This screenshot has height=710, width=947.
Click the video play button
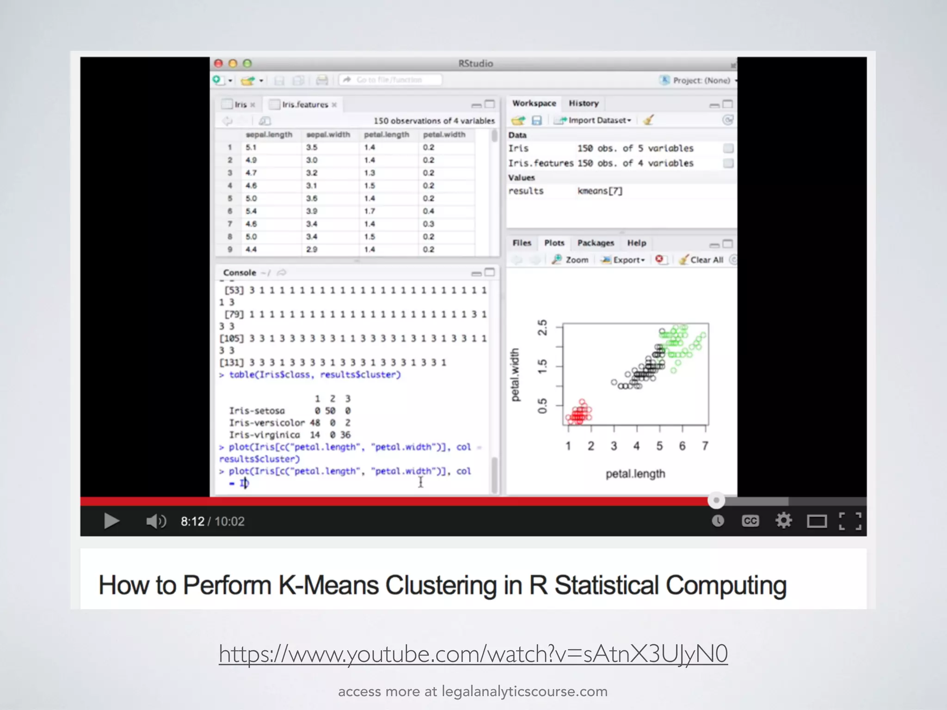(x=111, y=521)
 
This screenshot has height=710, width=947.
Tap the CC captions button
(x=750, y=521)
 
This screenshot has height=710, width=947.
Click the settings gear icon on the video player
(x=783, y=521)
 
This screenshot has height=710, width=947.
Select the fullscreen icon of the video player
(x=850, y=521)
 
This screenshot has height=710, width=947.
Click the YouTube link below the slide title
(x=473, y=654)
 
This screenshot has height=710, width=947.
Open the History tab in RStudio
(x=584, y=104)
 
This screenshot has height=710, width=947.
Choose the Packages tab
(x=596, y=243)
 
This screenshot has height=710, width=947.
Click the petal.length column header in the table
(x=387, y=135)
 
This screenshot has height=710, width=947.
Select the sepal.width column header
(x=328, y=135)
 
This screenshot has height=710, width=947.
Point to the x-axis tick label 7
(x=705, y=446)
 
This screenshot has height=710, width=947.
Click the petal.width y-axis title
(x=515, y=374)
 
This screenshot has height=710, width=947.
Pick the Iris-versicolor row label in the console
(x=267, y=423)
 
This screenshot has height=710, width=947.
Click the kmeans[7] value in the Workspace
(x=600, y=191)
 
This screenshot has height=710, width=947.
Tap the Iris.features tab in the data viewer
(x=305, y=105)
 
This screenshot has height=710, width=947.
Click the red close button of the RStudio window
(x=219, y=63)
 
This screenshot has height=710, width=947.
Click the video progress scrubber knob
(x=716, y=500)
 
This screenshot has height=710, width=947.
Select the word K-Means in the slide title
(x=328, y=585)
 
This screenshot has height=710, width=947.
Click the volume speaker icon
(x=155, y=521)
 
